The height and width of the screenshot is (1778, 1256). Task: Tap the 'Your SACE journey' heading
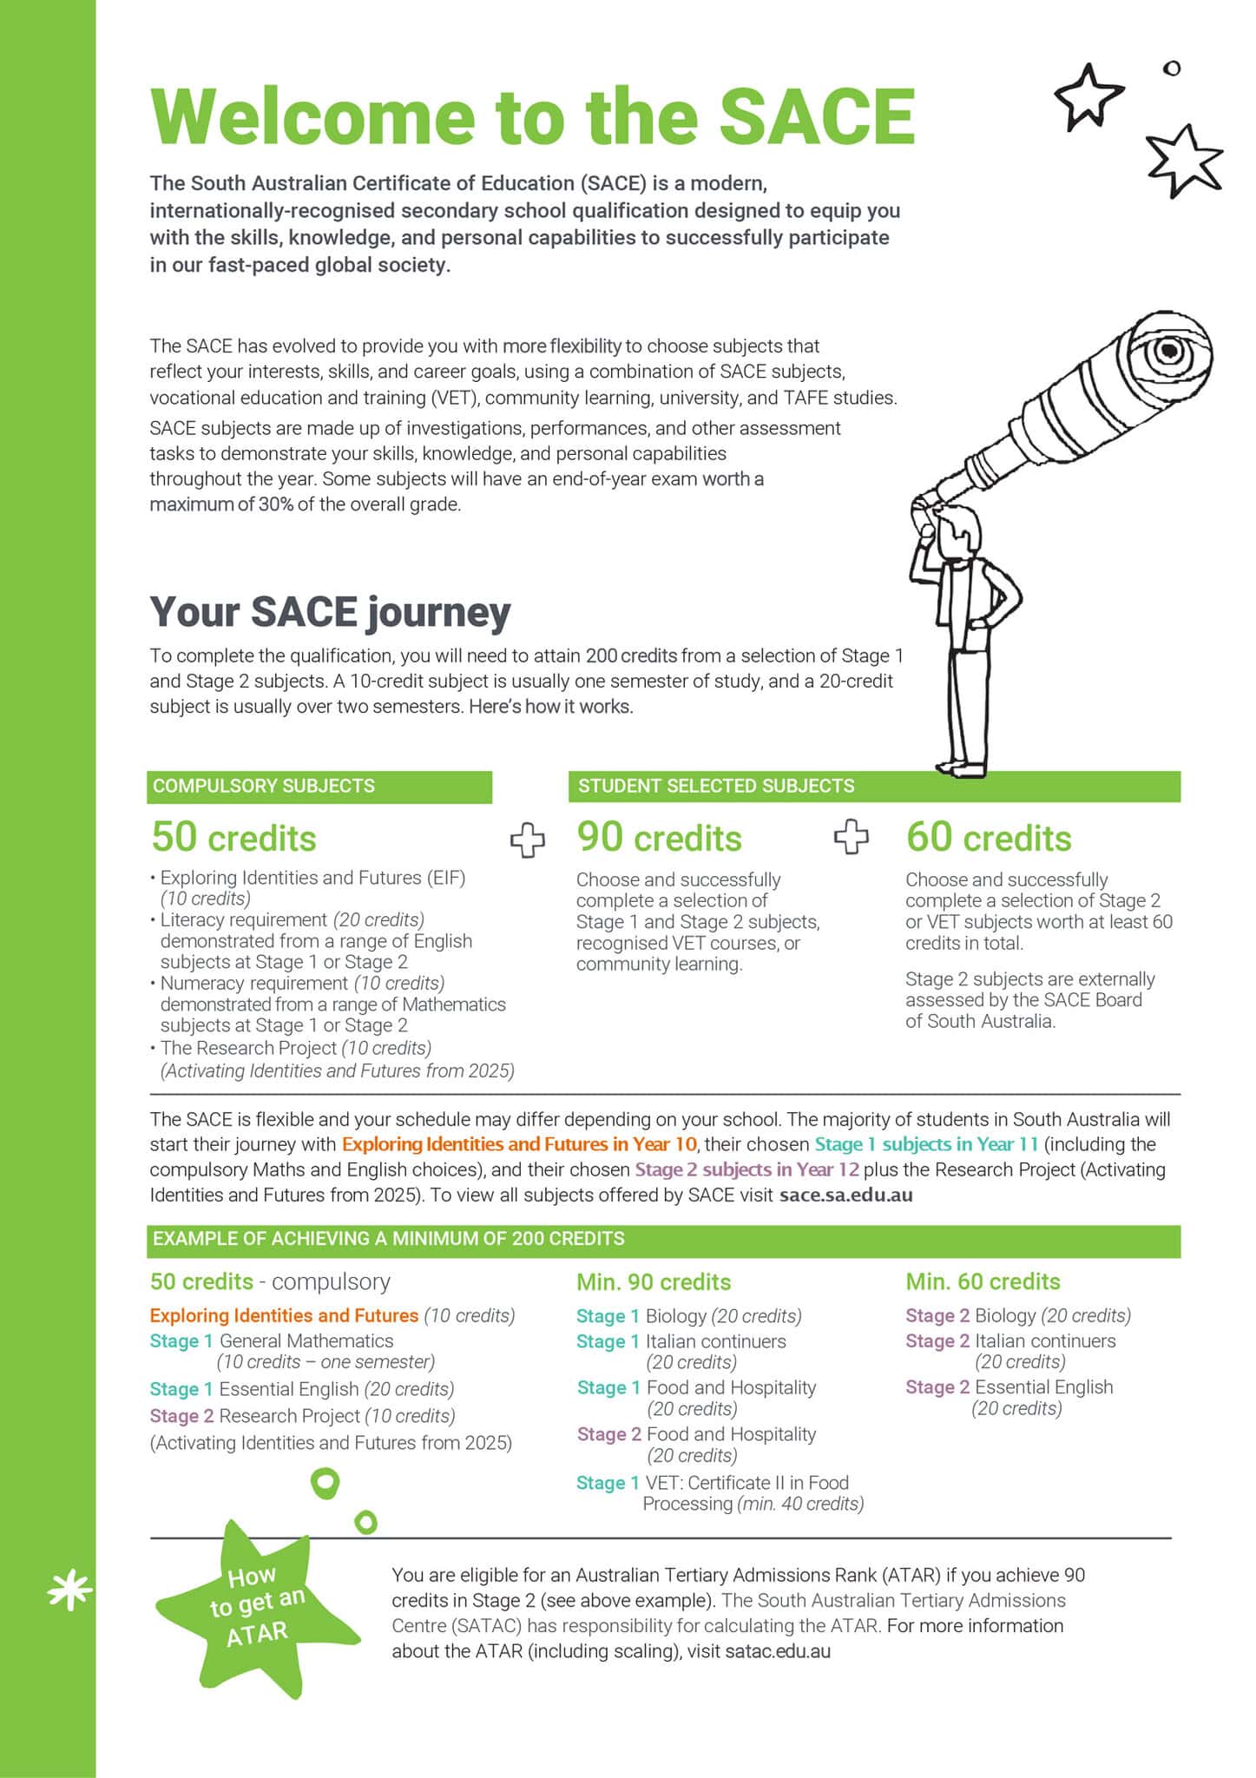tap(330, 611)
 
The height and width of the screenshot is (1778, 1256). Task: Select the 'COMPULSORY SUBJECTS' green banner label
tap(264, 787)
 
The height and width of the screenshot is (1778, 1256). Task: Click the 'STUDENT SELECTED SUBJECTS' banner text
tap(716, 787)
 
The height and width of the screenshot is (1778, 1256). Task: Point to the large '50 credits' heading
tap(233, 838)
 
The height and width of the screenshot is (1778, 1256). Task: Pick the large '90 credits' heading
tap(659, 838)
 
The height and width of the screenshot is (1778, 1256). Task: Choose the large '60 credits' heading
tap(989, 838)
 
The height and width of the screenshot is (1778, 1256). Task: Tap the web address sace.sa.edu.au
tap(845, 1195)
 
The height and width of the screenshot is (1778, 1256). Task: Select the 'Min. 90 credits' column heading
tap(654, 1282)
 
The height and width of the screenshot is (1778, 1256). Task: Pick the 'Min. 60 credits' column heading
tap(983, 1282)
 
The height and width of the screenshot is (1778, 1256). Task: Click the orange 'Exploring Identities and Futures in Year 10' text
tap(519, 1144)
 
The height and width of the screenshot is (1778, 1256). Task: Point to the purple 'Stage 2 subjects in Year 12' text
tap(746, 1169)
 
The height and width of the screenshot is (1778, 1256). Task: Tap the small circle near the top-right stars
tap(1172, 68)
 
